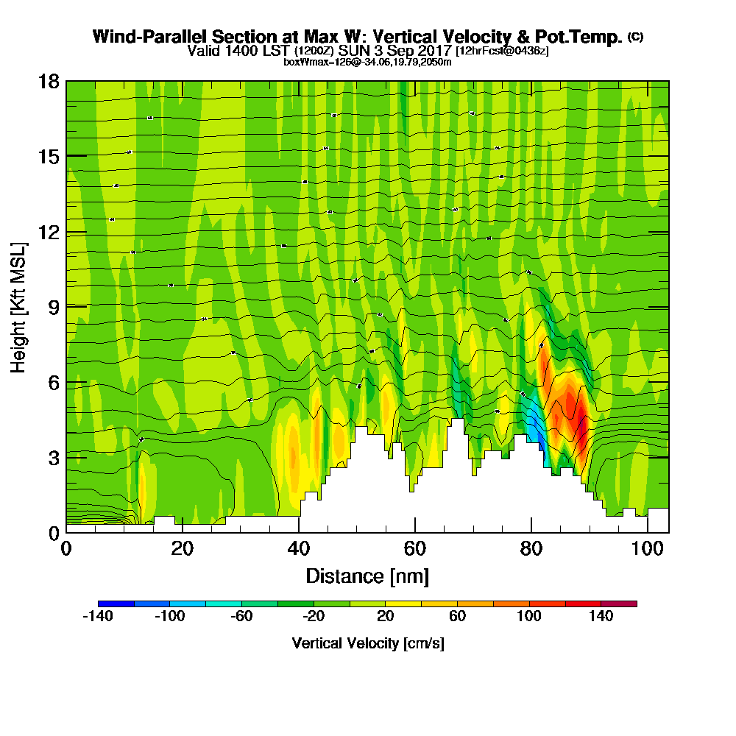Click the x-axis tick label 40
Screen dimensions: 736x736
[x=299, y=549]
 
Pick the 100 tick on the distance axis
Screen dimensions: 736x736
[x=647, y=549]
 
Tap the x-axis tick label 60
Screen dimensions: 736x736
[x=415, y=549]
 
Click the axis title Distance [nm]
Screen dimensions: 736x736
[x=367, y=576]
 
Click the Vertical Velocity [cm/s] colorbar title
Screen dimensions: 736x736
[x=367, y=643]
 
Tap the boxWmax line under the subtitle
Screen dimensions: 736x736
[x=367, y=62]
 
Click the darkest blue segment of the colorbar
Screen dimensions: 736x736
[x=116, y=604]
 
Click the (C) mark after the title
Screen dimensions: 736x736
[x=636, y=37]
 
